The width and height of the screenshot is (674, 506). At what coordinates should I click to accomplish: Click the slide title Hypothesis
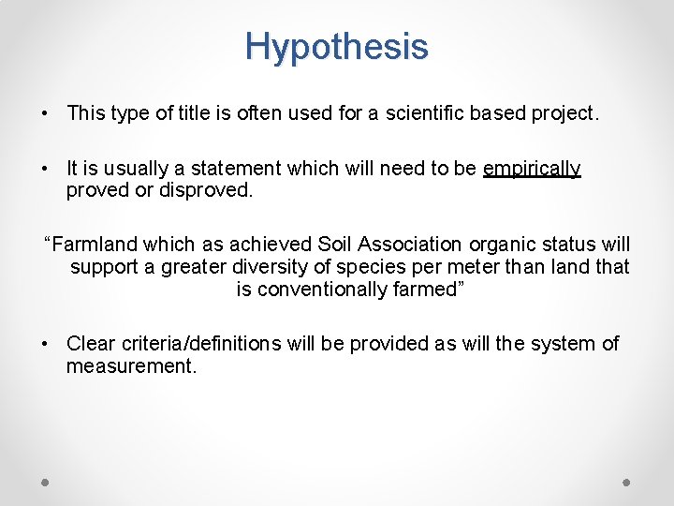click(337, 46)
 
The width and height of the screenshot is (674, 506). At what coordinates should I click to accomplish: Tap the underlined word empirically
click(532, 170)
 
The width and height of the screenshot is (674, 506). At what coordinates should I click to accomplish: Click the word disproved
click(207, 190)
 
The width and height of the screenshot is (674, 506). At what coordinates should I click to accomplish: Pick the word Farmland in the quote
click(92, 246)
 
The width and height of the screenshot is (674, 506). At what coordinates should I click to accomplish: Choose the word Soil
click(338, 246)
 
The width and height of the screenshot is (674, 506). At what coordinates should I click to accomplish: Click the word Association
click(413, 246)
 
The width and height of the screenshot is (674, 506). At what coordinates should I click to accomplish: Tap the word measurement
click(130, 366)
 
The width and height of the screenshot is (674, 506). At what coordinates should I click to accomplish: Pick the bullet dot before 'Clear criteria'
click(45, 345)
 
